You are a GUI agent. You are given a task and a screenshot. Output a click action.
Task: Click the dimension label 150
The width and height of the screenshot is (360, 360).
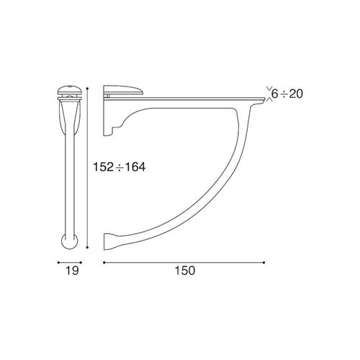tap(185, 271)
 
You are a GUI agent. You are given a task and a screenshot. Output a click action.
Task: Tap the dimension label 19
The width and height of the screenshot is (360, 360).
tap(72, 271)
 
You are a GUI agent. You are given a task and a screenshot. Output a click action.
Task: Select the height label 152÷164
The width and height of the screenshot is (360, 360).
tap(120, 167)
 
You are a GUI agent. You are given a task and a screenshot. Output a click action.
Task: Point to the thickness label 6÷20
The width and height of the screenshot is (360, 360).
tap(287, 94)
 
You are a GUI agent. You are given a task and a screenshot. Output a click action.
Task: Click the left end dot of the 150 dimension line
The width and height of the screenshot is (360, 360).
tap(104, 263)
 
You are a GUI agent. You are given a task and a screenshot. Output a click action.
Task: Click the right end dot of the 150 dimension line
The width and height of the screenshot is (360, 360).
tap(264, 263)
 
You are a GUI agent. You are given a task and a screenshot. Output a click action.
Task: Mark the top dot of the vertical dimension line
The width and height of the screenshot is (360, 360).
tap(88, 89)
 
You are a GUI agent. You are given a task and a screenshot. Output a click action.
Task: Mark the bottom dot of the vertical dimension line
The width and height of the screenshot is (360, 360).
tap(88, 247)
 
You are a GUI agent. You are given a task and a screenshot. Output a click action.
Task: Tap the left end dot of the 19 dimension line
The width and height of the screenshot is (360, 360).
tap(58, 263)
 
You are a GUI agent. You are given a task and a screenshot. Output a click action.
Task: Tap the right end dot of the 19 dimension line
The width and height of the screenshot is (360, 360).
tap(81, 263)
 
